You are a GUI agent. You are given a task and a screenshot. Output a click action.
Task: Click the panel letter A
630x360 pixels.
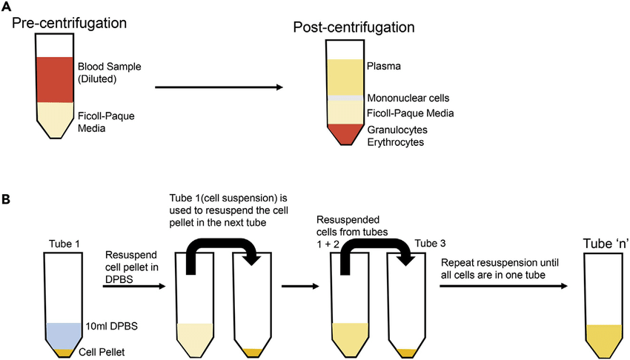coord(7,7)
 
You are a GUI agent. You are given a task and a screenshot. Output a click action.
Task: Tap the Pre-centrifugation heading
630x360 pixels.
coord(70,23)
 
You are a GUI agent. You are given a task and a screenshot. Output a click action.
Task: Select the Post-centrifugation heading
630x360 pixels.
coord(354,27)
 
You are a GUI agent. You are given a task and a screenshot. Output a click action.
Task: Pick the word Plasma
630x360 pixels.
coord(381,67)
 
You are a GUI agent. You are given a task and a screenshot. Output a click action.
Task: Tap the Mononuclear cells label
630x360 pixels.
coord(408,98)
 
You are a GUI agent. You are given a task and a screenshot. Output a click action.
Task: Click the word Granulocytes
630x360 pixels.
coord(397,130)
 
